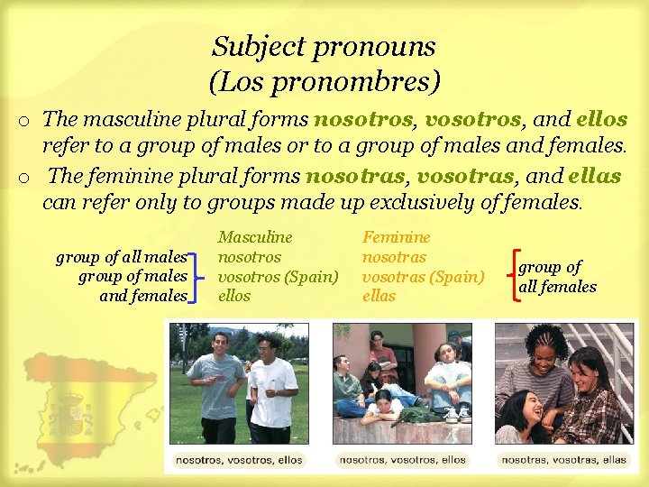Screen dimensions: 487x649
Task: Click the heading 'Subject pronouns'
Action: [324, 46]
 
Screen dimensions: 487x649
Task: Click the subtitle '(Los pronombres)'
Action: [324, 82]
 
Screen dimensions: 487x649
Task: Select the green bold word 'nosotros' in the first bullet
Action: [364, 119]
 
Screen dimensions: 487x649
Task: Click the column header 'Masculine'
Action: [255, 238]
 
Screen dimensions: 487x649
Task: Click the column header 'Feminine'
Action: [397, 238]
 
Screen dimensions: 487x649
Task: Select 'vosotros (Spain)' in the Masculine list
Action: [278, 277]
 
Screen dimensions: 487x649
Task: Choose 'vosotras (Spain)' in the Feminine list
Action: [423, 277]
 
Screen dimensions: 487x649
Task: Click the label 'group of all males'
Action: [122, 258]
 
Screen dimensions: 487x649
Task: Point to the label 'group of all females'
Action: [557, 277]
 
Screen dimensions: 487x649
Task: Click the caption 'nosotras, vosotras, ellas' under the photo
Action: [564, 459]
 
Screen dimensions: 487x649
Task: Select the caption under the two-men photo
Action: [239, 459]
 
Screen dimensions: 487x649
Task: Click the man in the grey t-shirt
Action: [215, 383]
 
